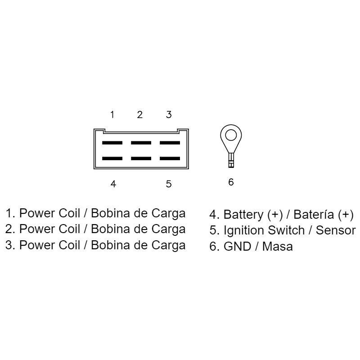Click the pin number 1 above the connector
click(112, 115)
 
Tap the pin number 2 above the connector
click(140, 115)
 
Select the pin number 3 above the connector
click(169, 115)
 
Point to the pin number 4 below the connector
click(113, 184)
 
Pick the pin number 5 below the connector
click(169, 184)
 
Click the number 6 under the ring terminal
click(231, 182)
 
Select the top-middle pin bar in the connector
click(141, 143)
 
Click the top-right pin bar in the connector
click(170, 143)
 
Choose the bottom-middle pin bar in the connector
click(141, 158)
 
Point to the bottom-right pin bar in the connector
click(170, 158)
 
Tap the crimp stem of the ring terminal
click(231, 159)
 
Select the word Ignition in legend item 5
click(244, 231)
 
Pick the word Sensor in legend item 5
click(336, 231)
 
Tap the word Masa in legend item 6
click(278, 247)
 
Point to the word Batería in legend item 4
click(312, 215)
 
